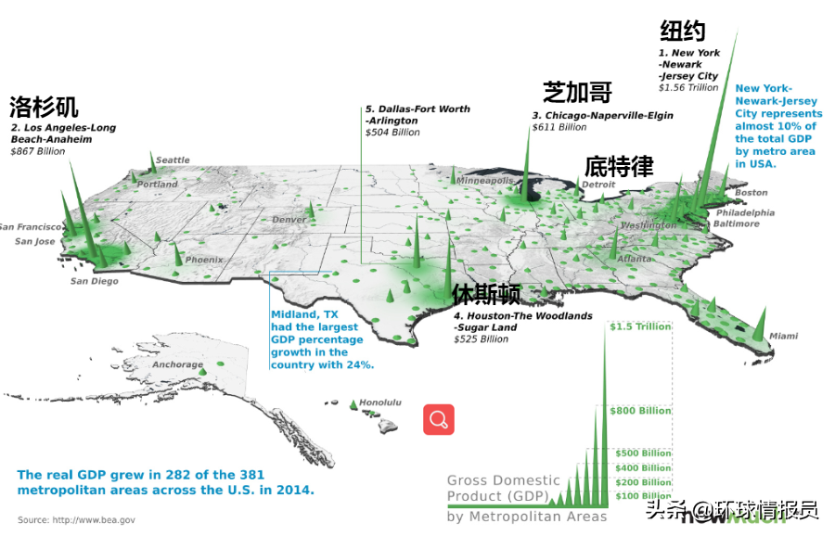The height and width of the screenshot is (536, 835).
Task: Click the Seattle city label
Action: point(173,160)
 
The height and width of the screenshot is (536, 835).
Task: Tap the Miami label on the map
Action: point(783,336)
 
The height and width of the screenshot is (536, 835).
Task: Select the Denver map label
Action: point(289,220)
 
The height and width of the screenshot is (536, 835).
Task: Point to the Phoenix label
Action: point(203,261)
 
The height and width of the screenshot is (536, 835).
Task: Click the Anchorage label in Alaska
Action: point(177,364)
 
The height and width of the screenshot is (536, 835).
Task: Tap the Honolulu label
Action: point(380,402)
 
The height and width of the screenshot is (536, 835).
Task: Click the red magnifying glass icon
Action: point(439,419)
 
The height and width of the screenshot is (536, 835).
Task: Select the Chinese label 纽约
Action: point(683,31)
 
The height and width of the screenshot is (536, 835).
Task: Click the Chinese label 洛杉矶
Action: point(44,106)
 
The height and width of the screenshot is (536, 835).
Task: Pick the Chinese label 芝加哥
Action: point(577,92)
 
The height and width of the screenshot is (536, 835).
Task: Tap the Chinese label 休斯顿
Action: point(486,295)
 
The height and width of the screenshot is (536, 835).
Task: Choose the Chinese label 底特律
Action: point(619,167)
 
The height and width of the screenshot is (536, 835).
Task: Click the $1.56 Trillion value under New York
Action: point(688,88)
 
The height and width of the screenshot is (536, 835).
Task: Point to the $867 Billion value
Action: point(38,151)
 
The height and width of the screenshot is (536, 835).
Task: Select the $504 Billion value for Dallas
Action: point(392,133)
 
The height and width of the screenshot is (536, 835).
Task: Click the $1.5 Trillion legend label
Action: point(640,326)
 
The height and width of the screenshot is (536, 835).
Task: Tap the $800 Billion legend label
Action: point(640,411)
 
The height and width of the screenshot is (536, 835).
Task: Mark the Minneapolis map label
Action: point(484,180)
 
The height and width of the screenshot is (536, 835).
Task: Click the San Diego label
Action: point(95,281)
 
